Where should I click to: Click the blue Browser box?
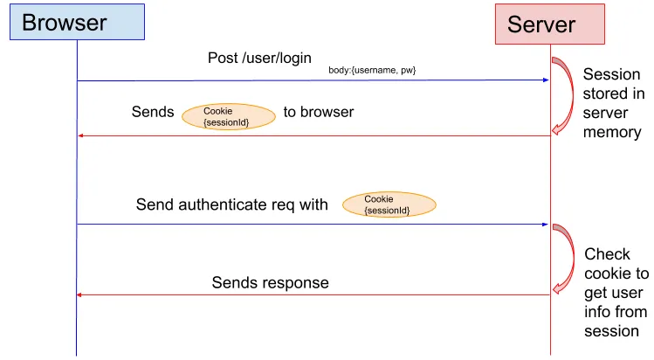pyautogui.click(x=76, y=23)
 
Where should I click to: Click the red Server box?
pyautogui.click(x=549, y=24)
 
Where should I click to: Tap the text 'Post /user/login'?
pyautogui.click(x=259, y=58)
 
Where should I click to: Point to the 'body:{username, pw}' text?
pyautogui.click(x=377, y=70)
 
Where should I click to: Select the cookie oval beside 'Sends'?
pyautogui.click(x=226, y=116)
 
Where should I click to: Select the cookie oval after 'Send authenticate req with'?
pyautogui.click(x=388, y=204)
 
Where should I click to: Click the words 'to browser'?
pyautogui.click(x=318, y=112)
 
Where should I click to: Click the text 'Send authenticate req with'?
pyautogui.click(x=231, y=204)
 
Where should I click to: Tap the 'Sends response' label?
pyautogui.click(x=270, y=282)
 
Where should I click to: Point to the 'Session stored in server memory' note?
pyautogui.click(x=612, y=103)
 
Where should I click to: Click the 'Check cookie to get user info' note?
pyautogui.click(x=616, y=292)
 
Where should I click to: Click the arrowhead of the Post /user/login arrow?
pyautogui.click(x=544, y=80)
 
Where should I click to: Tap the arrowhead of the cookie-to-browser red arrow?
pyautogui.click(x=82, y=135)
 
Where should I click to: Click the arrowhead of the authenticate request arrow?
pyautogui.click(x=544, y=225)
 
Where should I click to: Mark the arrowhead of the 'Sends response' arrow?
pyautogui.click(x=82, y=295)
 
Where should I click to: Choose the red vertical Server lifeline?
pyautogui.click(x=550, y=175)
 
